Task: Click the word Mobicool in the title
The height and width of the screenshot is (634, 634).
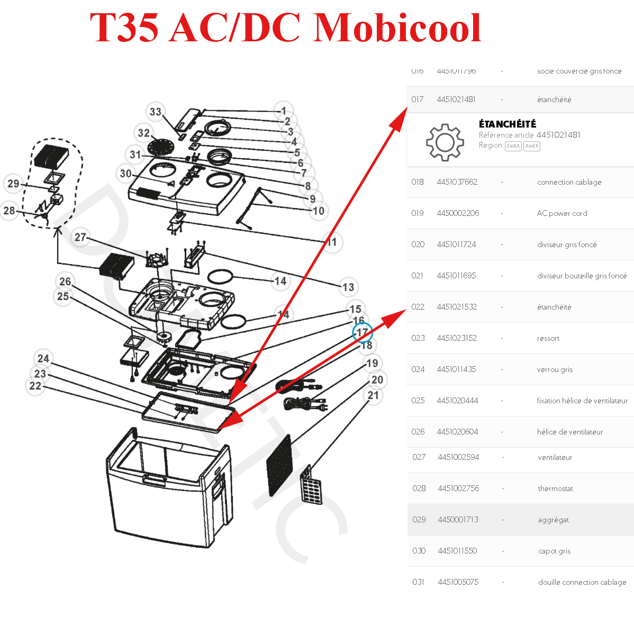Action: point(397,28)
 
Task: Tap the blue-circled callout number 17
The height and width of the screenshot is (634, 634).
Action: point(363,333)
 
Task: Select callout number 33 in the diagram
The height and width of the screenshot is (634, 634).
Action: point(155,112)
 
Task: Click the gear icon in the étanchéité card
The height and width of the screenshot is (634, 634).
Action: point(445,142)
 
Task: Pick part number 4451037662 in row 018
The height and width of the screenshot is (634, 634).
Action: point(457,182)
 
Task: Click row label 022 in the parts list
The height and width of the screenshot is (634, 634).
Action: point(418,307)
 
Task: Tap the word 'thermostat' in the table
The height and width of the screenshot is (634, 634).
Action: point(555,488)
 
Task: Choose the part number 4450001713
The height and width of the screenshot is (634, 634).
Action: point(458,520)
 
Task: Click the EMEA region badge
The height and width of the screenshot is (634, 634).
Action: point(513,146)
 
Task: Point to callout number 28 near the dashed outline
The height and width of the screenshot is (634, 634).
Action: point(10,210)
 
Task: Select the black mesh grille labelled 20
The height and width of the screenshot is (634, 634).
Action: point(280,465)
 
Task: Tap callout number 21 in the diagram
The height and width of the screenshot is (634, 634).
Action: point(373,395)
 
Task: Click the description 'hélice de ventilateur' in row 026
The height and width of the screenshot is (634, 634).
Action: point(569,432)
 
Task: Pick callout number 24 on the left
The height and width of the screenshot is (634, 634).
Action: point(43,358)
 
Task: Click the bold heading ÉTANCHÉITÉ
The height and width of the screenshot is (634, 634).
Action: point(507,124)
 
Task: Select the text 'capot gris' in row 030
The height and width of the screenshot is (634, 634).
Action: point(554,551)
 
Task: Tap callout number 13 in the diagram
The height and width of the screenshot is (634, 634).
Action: point(348,287)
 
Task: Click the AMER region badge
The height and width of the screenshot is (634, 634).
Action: point(531,146)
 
